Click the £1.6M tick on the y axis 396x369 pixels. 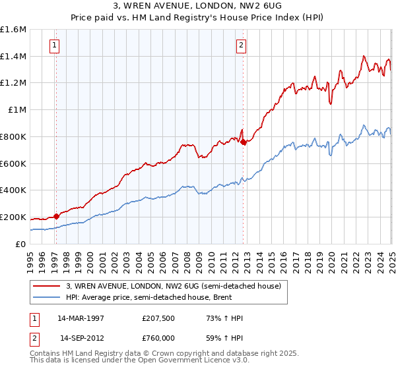click(x=13, y=30)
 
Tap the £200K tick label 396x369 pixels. click(x=13, y=217)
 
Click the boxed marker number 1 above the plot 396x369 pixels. click(x=54, y=45)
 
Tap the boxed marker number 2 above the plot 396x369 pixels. click(x=242, y=45)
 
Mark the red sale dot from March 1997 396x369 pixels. click(x=56, y=215)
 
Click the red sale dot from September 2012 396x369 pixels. click(x=243, y=142)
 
